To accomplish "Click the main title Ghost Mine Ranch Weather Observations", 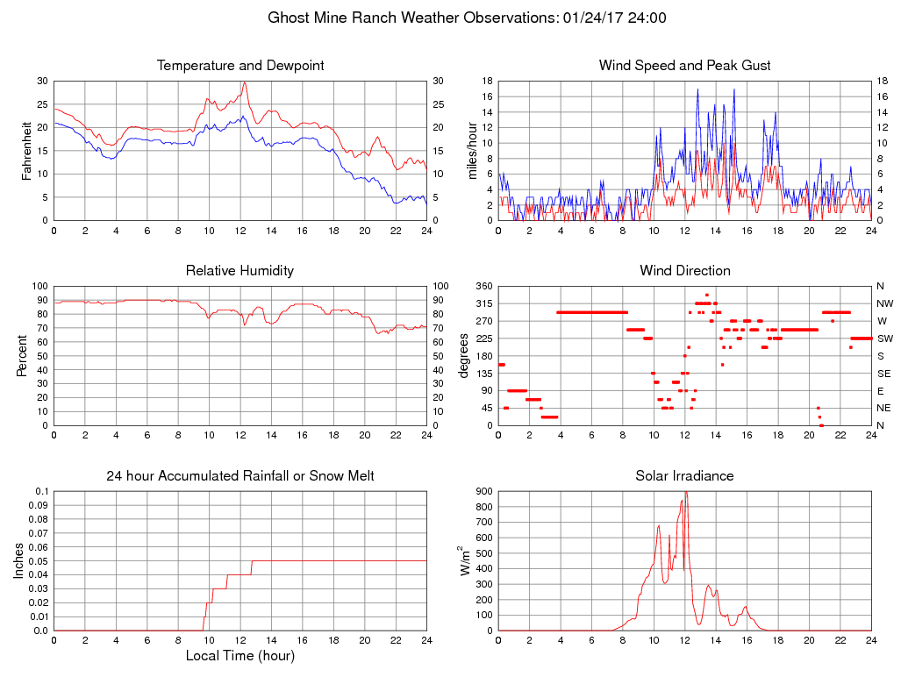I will (467, 18).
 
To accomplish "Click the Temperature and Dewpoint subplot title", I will (240, 66).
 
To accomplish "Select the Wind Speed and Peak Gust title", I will (684, 66).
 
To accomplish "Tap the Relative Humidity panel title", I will (240, 271).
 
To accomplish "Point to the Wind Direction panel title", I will (684, 271).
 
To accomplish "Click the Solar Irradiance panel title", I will (684, 476).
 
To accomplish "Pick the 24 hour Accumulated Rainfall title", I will (240, 476).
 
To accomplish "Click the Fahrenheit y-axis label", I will (26, 151).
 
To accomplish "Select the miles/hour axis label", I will (473, 151).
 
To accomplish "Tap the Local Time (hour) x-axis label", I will (240, 656).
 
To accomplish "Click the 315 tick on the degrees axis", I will (483, 303).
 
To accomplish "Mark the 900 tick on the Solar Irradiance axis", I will (483, 491).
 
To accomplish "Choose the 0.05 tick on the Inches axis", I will (39, 561).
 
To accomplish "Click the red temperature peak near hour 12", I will (245, 82).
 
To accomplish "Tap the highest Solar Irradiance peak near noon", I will (685, 492).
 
